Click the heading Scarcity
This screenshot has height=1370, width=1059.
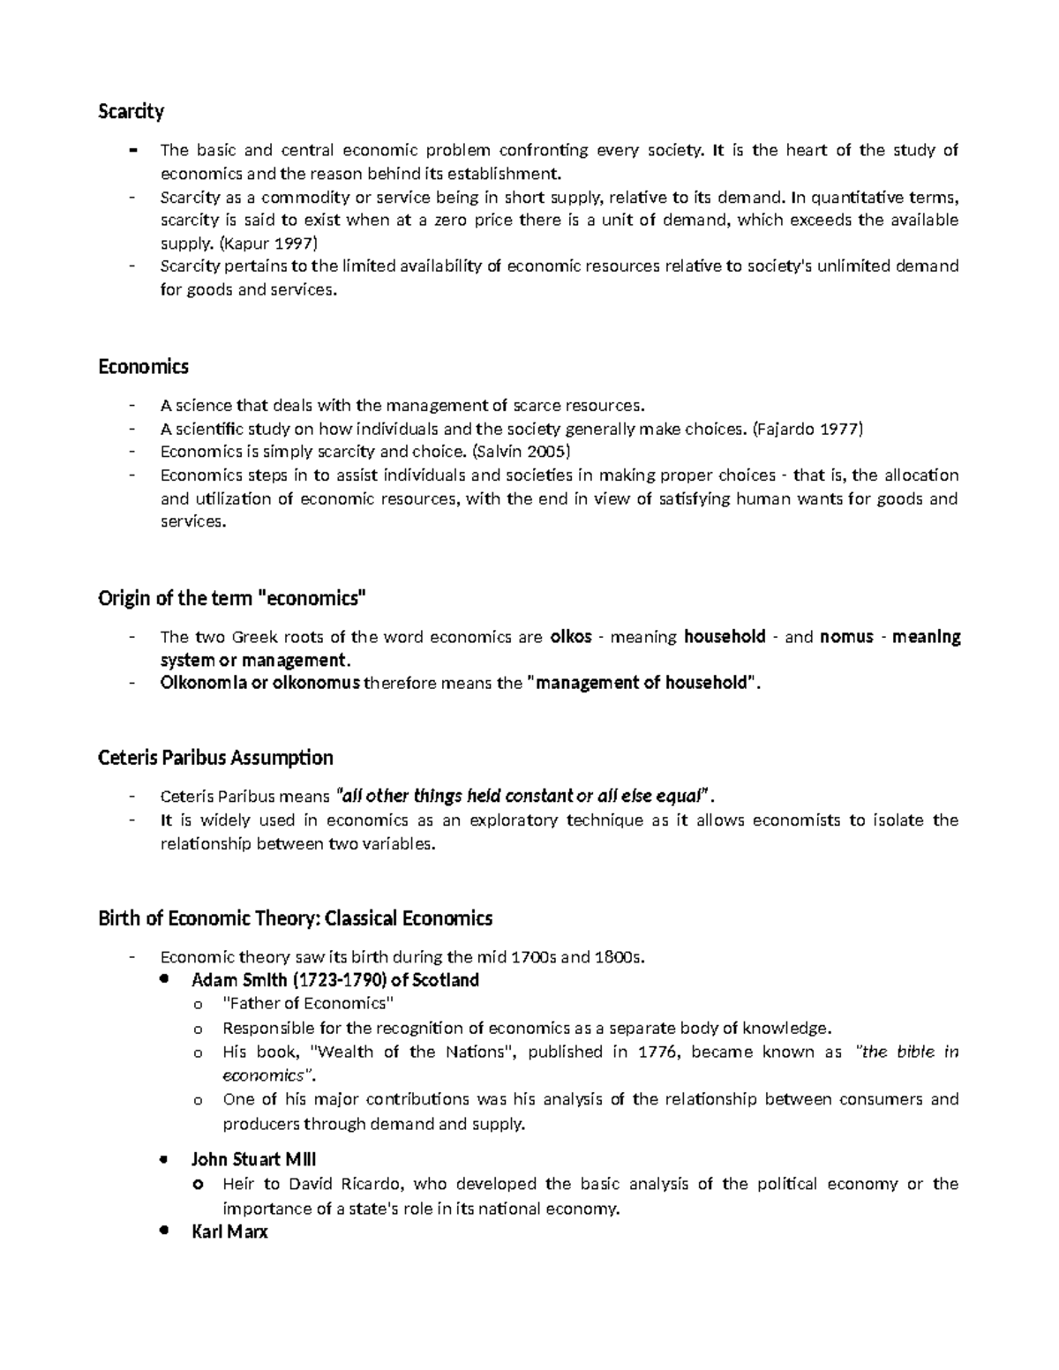tap(131, 111)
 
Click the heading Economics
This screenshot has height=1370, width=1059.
tap(143, 366)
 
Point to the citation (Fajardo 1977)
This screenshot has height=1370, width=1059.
tap(807, 429)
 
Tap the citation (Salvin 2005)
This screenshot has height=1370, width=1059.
tap(522, 452)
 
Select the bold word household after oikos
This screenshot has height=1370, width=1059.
tap(725, 637)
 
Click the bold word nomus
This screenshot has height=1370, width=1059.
tap(846, 637)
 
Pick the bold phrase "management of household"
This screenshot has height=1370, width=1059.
tap(642, 683)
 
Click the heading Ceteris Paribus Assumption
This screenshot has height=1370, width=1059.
tap(215, 758)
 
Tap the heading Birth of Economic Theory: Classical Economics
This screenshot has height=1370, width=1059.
tap(295, 918)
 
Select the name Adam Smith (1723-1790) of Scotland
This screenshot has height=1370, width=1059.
tap(334, 980)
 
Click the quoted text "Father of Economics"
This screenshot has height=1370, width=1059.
tap(308, 1004)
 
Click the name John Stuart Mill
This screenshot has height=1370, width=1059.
tap(253, 1159)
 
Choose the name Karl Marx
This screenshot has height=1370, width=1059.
tap(229, 1232)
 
